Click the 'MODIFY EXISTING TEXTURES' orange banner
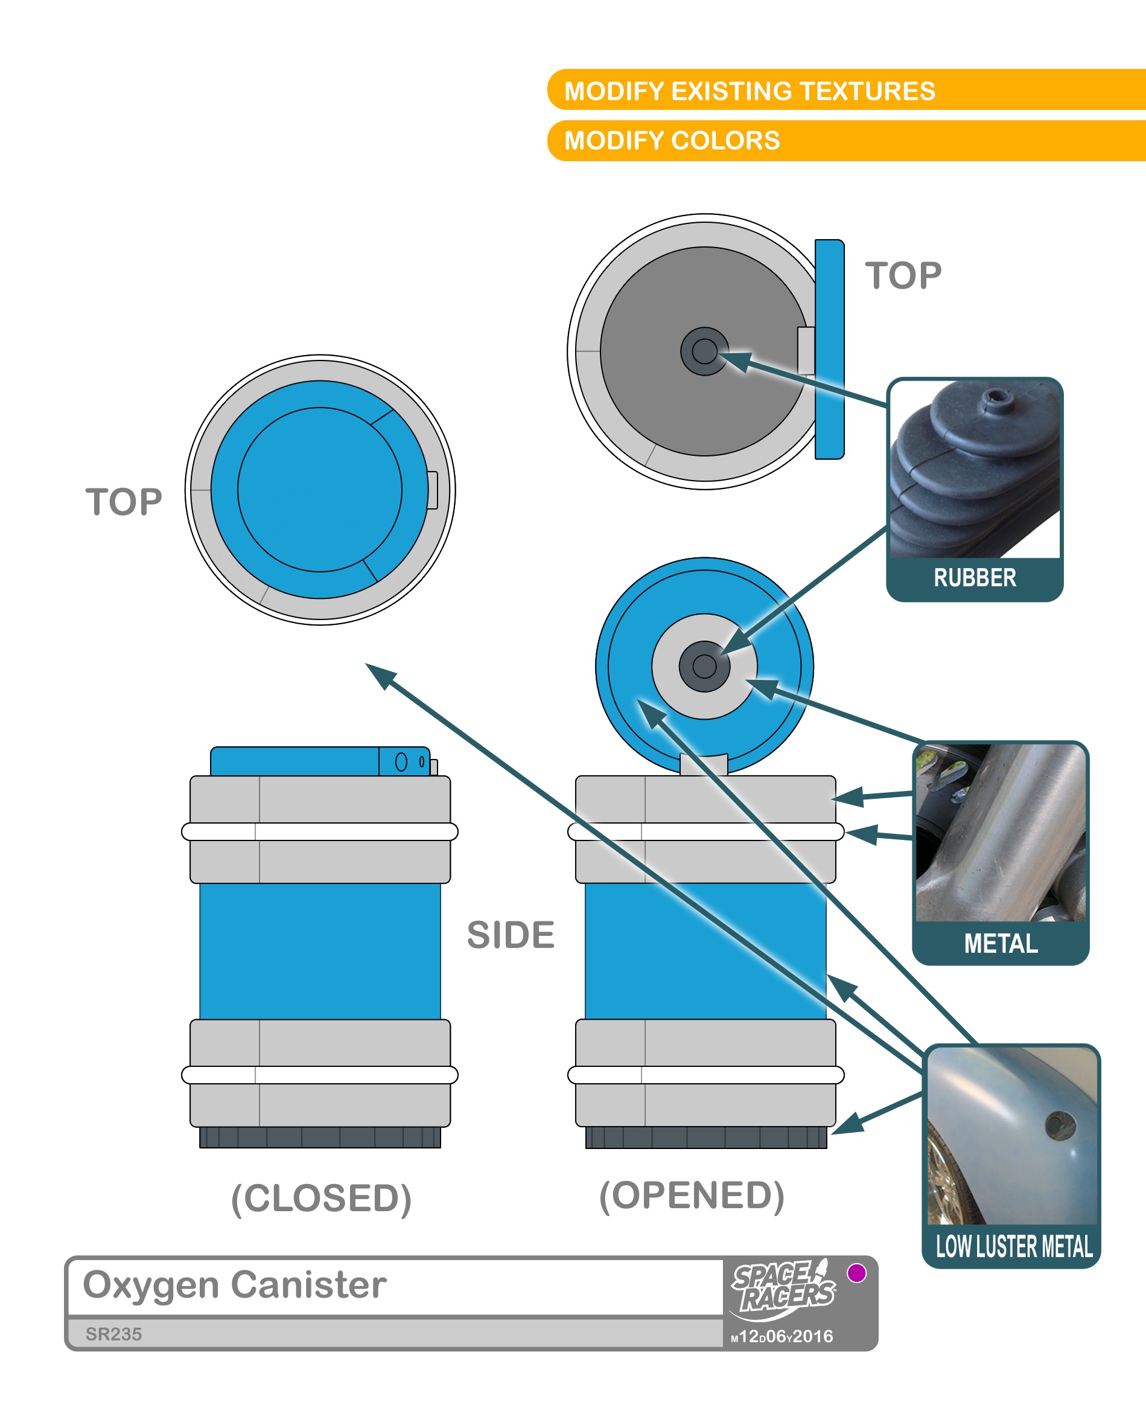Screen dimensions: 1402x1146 pos(750,91)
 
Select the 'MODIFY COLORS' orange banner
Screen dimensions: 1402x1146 pos(672,141)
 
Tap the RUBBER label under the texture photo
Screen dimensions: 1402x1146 pos(975,578)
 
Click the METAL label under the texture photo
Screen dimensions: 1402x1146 pos(1000,944)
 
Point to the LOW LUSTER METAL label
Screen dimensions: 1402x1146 pos(1013,1247)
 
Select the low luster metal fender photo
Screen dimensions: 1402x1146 pos(1012,1136)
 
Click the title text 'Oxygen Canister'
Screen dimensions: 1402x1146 pos(234,1285)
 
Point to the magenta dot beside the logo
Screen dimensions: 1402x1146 pos(856,1273)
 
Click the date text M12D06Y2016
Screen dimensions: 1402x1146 pos(782,1337)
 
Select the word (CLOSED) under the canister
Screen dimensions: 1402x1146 pos(322,1199)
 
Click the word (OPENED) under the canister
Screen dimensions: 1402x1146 pos(692,1196)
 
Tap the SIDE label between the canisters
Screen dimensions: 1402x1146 pos(511,935)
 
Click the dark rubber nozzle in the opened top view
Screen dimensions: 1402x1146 pos(704,351)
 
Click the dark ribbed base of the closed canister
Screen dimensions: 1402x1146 pos(320,1137)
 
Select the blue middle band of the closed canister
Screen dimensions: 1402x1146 pos(320,951)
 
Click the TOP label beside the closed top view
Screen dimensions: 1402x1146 pos(124,502)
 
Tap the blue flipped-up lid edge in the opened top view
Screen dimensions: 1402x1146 pos(829,350)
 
